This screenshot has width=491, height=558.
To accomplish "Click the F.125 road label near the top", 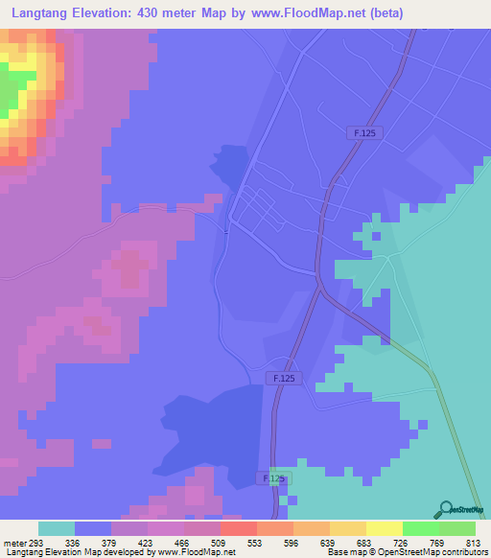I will [362, 134].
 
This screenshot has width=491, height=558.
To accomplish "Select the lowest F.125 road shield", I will [273, 477].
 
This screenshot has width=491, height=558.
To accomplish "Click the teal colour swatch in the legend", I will [57, 528].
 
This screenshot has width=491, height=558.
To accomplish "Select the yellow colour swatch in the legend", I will [384, 528].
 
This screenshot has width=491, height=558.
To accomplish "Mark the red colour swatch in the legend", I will [238, 528].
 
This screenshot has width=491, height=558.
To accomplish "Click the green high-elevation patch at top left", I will [10, 96].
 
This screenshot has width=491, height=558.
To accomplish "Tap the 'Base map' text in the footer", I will [344, 552].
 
